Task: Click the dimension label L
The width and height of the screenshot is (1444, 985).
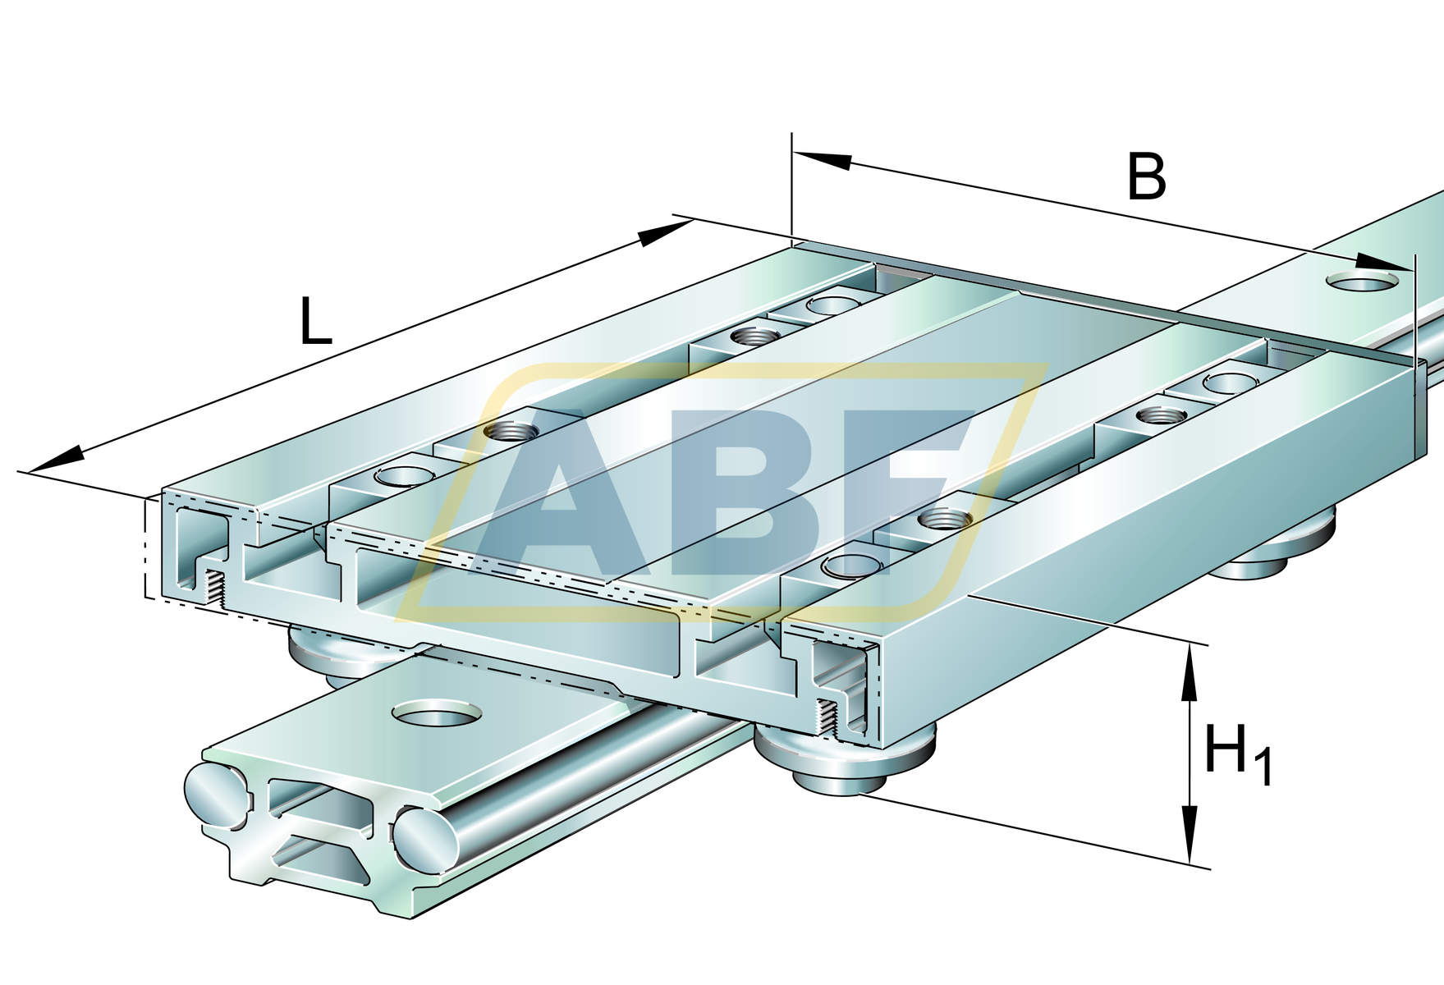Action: (315, 321)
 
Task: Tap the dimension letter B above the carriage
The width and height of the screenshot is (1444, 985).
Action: (1146, 176)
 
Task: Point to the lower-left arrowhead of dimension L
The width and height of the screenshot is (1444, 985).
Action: (56, 460)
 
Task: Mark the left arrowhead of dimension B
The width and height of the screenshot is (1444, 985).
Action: (823, 160)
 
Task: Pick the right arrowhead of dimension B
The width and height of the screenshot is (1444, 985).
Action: (1384, 263)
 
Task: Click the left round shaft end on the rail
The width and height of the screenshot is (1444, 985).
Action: (218, 794)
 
